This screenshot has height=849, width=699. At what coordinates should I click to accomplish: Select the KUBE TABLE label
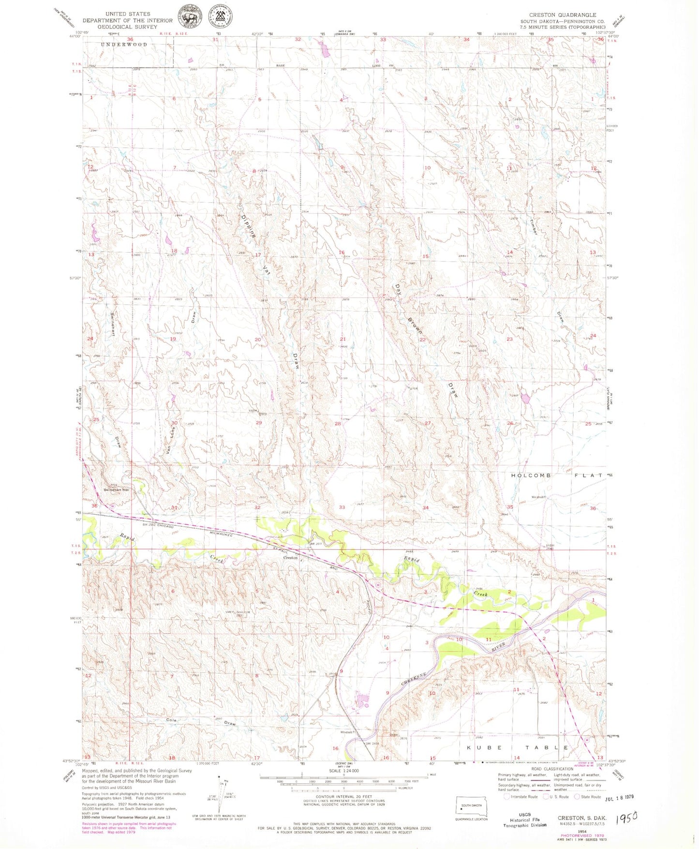517,747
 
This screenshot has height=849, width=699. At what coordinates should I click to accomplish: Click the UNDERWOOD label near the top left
124,44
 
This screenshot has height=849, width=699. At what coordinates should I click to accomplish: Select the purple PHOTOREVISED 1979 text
582,835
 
